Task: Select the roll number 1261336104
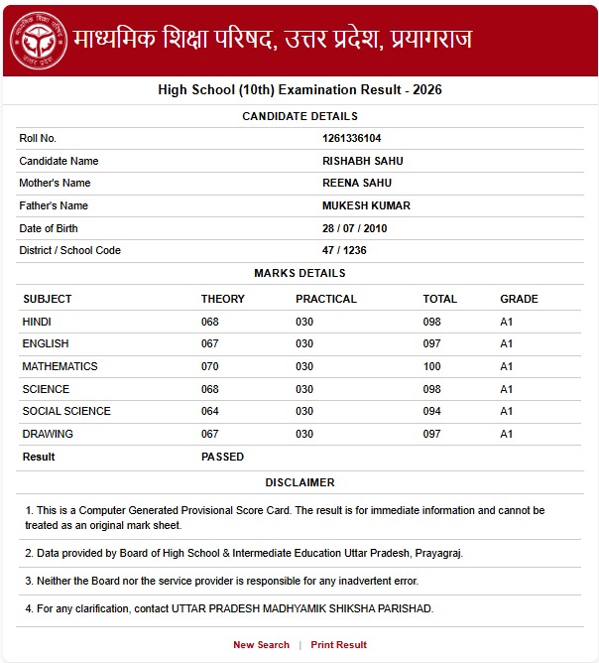tap(351, 138)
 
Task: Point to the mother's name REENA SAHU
tap(356, 183)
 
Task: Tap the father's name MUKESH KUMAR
tap(366, 205)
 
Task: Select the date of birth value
tap(354, 228)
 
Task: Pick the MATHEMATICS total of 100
tap(431, 366)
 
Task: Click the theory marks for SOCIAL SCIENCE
tap(209, 411)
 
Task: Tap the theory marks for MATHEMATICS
tap(209, 366)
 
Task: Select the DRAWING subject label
tap(48, 434)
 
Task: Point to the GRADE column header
tap(519, 299)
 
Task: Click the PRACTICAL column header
tap(325, 299)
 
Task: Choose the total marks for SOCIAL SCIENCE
tap(431, 411)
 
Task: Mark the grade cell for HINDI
tap(506, 322)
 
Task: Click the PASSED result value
tap(222, 457)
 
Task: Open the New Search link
tap(261, 645)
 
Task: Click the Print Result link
tap(338, 645)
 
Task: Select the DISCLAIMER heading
tap(299, 482)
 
